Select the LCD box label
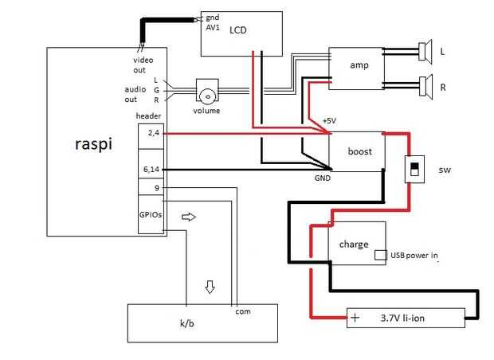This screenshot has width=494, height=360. [238, 30]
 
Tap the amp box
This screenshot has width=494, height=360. [356, 65]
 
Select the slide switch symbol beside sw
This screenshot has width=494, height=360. [413, 169]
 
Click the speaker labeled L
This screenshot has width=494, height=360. [425, 53]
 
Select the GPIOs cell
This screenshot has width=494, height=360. [151, 215]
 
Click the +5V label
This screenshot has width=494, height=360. [328, 121]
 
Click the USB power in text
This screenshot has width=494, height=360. [414, 256]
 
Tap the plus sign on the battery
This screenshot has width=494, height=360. [355, 319]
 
